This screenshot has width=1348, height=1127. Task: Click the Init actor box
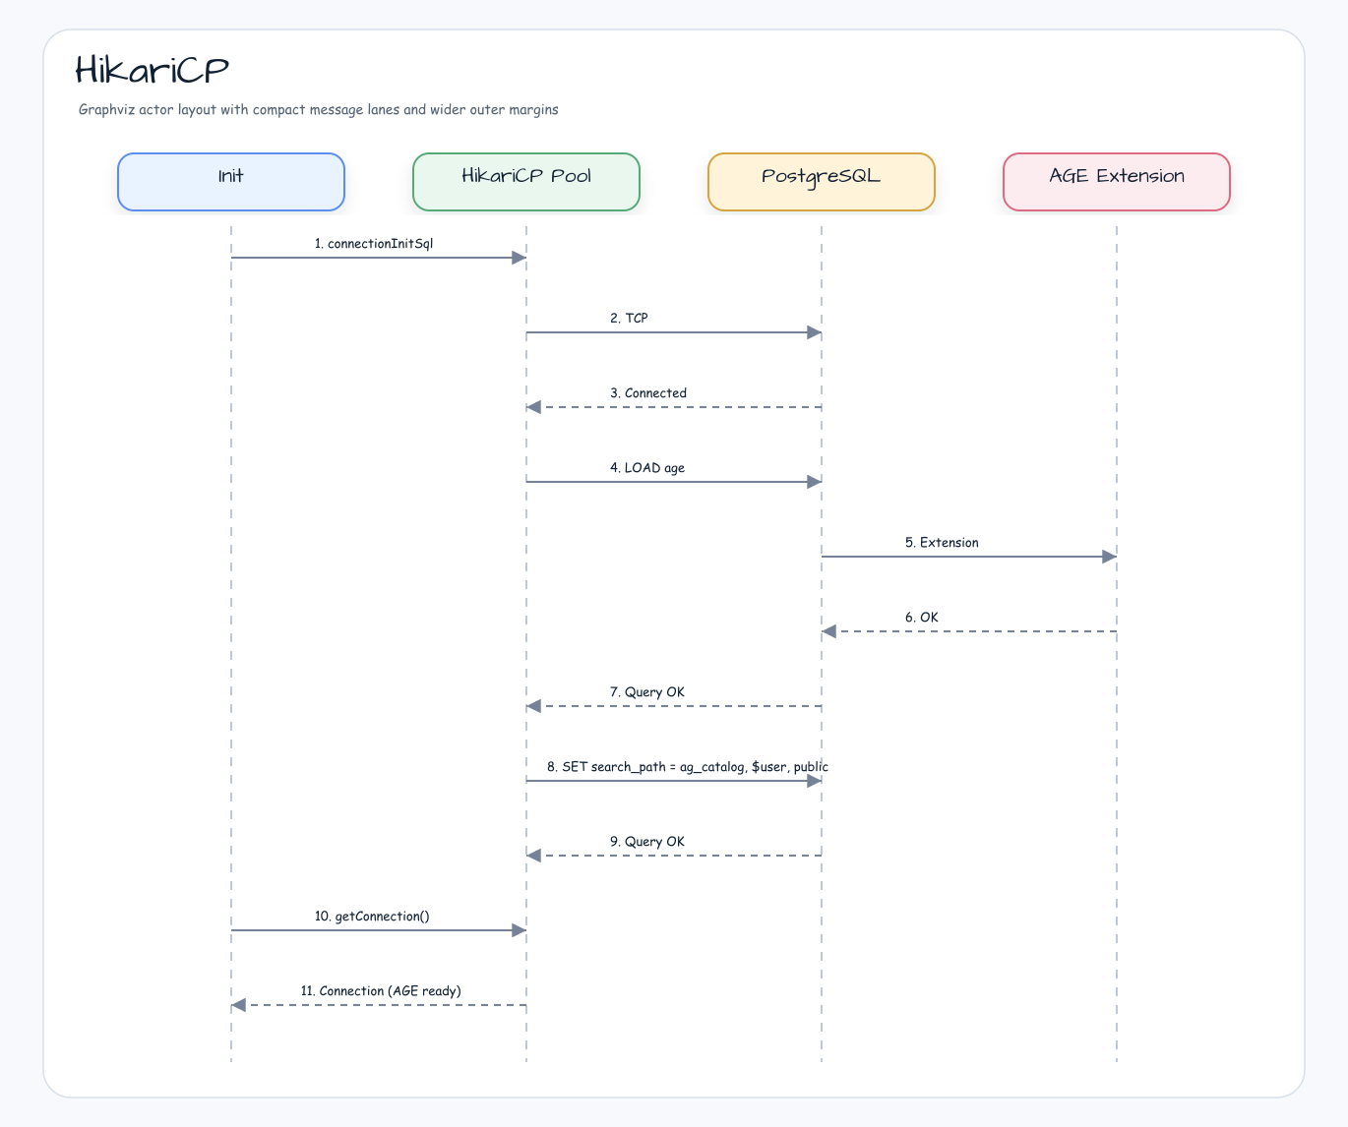pos(231,182)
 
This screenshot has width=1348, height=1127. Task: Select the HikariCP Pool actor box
pos(526,182)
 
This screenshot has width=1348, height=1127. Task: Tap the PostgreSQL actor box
pos(822,182)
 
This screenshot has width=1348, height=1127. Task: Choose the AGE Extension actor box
pos(1116,182)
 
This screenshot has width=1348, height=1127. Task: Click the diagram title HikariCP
pos(152,70)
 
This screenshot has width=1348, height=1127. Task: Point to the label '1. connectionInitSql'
pos(374,243)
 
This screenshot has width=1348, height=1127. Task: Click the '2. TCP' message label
pos(629,319)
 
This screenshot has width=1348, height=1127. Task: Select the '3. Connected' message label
pos(648,393)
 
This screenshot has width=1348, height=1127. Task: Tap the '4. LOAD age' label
pos(646,468)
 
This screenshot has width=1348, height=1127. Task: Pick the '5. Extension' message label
pos(942,542)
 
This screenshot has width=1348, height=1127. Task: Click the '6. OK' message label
pos(921,617)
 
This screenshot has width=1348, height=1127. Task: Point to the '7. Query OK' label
pos(646,692)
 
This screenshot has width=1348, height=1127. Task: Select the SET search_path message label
pos(688,767)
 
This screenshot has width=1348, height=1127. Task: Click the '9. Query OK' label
pos(646,842)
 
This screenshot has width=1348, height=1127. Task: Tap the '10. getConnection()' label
pos(372,916)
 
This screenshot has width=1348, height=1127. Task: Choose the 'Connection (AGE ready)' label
pos(390,991)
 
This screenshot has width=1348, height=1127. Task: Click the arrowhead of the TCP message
pos(814,333)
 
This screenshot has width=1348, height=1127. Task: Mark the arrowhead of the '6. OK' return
pos(828,631)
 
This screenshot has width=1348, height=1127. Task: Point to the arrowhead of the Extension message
pos(1109,557)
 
